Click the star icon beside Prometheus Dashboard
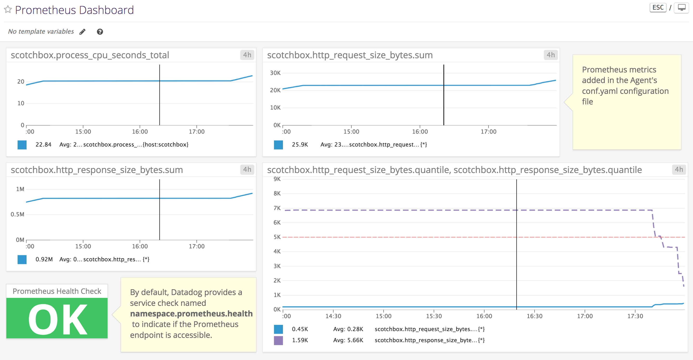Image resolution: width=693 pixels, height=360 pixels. [x=8, y=10]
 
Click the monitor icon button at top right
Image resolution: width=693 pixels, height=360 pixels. [x=681, y=7]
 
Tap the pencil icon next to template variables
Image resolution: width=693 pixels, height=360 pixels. [x=83, y=32]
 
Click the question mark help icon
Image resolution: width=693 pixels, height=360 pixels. [x=100, y=32]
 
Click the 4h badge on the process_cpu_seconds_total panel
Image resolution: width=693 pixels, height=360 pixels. [x=247, y=55]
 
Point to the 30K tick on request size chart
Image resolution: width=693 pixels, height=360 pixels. [x=275, y=73]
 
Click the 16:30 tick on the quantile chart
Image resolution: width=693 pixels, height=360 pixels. [x=534, y=316]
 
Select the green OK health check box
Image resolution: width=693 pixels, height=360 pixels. [x=57, y=318]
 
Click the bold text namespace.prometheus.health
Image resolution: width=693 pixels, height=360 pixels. [x=191, y=314]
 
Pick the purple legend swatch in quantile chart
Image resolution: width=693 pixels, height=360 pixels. [x=278, y=340]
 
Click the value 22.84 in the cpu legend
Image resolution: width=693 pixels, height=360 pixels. [x=43, y=144]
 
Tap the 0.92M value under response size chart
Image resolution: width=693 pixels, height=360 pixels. [x=44, y=259]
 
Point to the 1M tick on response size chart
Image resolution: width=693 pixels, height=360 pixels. [x=20, y=189]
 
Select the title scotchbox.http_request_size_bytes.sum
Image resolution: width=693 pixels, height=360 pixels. [x=350, y=55]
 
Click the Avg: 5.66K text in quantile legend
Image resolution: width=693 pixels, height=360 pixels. [x=348, y=340]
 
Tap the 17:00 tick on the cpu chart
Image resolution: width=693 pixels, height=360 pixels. [x=197, y=132]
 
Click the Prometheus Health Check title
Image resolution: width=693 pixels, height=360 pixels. [x=57, y=291]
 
